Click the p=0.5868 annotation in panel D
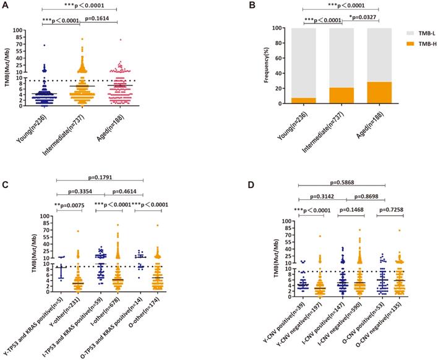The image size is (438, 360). point(343,183)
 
